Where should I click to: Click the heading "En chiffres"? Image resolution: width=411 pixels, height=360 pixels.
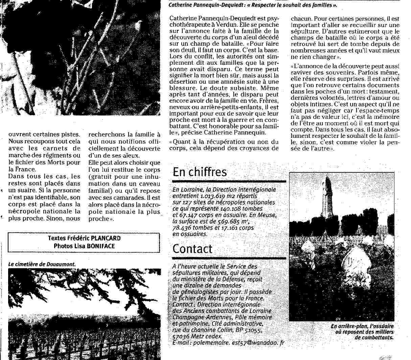click(200, 172)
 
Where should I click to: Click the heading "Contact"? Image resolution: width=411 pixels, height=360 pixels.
click(192, 249)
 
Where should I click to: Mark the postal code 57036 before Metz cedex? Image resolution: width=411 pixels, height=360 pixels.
click(181, 336)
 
